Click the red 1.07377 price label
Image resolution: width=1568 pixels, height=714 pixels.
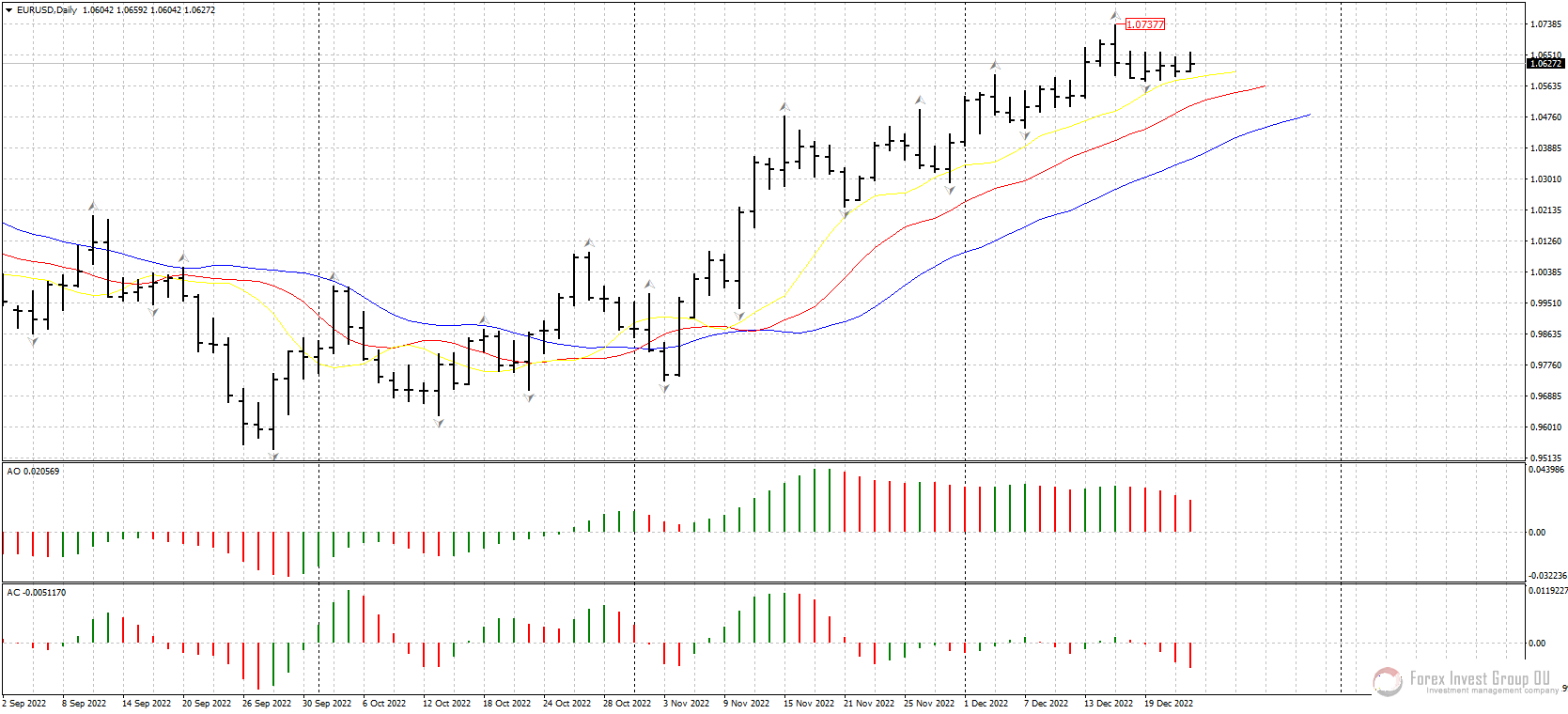[1144, 24]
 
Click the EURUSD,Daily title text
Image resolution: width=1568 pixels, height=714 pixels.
[47, 10]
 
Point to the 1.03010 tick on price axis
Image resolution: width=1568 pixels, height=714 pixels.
[1546, 179]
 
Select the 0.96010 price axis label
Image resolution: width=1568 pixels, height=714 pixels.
[1546, 427]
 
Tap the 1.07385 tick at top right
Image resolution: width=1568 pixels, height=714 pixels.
[1546, 24]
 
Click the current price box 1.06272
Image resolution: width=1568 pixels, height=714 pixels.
[1545, 64]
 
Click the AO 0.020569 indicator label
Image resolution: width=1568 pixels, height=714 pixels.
[33, 472]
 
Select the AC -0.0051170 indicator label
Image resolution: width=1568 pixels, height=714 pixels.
[37, 593]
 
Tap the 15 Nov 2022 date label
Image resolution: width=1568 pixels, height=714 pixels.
[809, 704]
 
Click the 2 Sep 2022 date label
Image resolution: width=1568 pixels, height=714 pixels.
[24, 704]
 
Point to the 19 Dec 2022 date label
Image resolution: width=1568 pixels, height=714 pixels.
[1169, 704]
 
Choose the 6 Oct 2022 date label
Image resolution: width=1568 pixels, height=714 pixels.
[384, 704]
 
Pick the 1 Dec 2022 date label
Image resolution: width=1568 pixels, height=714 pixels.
[986, 704]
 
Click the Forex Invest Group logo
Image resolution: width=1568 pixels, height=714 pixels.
[1466, 681]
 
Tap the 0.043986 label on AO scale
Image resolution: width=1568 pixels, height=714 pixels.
[1546, 470]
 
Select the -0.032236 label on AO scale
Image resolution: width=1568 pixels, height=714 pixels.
[1546, 576]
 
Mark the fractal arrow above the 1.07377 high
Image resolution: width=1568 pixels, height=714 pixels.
[1115, 16]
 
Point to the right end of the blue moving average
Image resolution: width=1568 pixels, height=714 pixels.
[1310, 115]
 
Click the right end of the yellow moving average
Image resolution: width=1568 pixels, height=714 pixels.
[1235, 71]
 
